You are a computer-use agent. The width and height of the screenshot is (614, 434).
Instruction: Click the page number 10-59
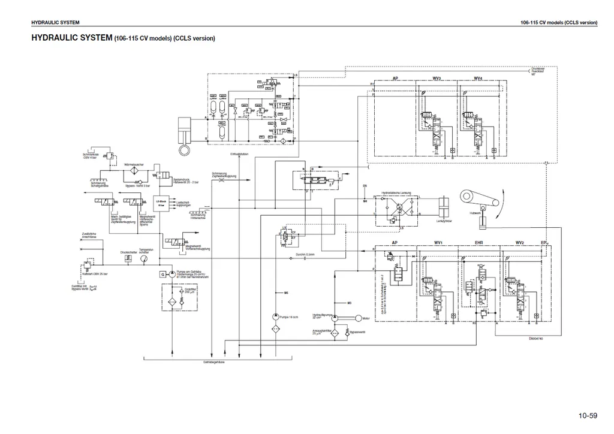click(x=588, y=415)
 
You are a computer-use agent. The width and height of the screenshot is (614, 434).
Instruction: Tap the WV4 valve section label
click(x=477, y=78)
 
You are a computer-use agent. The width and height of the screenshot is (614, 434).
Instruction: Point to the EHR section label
click(x=478, y=243)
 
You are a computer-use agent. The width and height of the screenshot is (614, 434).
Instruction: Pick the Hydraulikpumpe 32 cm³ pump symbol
click(x=335, y=318)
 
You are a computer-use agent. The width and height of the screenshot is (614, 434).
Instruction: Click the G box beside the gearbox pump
click(x=162, y=274)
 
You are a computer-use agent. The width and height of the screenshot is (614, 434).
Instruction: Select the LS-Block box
click(x=161, y=203)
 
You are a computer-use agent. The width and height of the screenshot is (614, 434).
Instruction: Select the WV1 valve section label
click(x=438, y=243)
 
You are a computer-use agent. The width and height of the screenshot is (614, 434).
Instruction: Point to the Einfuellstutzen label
click(x=239, y=155)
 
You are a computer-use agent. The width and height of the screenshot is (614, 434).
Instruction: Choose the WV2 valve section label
click(x=519, y=243)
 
